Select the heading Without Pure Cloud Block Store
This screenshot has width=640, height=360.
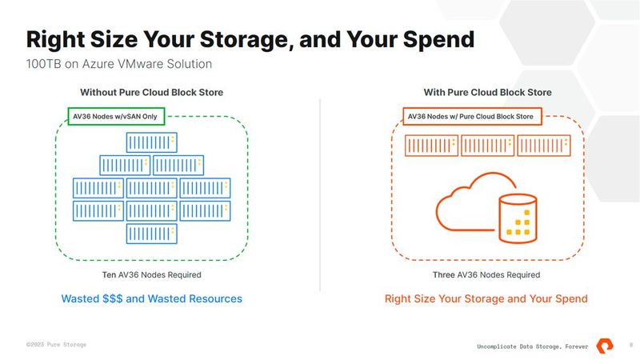coord(151,93)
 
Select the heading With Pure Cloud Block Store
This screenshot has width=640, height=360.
coord(487,93)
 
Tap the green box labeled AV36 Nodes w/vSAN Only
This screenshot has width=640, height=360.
coord(114,117)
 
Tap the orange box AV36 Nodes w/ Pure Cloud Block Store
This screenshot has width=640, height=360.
coord(470,117)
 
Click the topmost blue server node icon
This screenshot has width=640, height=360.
coord(151,142)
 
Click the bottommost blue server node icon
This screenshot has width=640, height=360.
coord(151,234)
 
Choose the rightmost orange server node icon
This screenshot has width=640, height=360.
coord(542,146)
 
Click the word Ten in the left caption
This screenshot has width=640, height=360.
coord(110,275)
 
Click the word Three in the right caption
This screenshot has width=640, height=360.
coord(445,275)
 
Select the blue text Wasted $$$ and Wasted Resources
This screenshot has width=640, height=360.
coord(151,298)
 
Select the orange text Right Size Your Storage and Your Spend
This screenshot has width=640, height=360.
coord(486,298)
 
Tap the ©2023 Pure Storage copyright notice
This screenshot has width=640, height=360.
coord(56,344)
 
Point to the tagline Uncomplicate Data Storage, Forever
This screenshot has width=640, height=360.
coord(531,346)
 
